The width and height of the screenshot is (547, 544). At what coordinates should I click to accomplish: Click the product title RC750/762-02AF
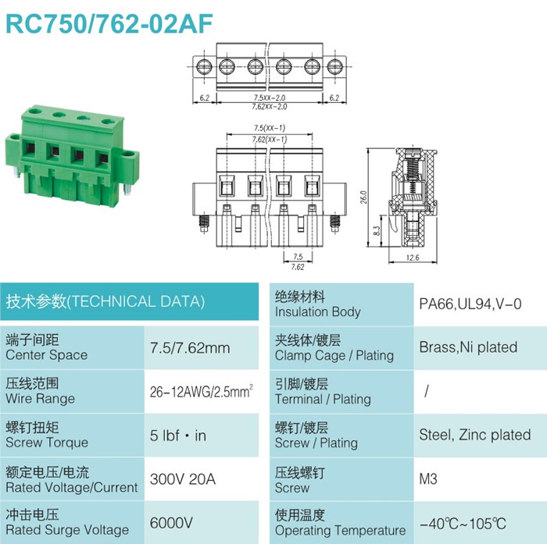pos(109,24)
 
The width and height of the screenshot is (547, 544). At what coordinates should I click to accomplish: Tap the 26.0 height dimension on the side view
pos(363,197)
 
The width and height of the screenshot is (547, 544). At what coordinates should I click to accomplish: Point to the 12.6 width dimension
pos(413,258)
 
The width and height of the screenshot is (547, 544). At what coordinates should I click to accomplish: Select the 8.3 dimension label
pos(377,231)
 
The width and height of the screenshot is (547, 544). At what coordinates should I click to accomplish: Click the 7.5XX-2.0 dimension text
pos(270,98)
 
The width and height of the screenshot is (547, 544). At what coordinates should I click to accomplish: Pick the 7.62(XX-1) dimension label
pos(270,140)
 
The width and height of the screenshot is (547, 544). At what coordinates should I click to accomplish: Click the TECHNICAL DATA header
pos(105,301)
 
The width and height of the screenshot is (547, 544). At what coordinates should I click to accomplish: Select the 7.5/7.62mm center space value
pos(190,348)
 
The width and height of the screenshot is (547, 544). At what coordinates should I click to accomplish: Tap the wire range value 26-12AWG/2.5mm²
pos(202,391)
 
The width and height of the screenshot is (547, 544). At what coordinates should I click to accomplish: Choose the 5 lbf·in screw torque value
pos(178,436)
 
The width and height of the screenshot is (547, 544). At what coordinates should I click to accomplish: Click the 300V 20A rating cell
pos(182,479)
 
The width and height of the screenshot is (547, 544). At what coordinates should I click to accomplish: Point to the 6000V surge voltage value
pos(171,523)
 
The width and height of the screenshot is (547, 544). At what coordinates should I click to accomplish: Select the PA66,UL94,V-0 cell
pos(470,304)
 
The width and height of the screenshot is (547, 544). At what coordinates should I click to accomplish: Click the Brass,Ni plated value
pos(468,347)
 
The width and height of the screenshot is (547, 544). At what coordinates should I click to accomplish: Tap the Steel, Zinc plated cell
pos(475,435)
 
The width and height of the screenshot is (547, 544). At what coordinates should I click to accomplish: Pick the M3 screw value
pos(428,479)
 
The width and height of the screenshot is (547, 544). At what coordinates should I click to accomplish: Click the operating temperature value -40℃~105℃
pos(463,524)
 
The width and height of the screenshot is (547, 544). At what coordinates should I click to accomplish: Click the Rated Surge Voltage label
pos(67,530)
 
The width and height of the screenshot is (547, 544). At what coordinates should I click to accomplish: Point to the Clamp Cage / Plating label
pos(334,355)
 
